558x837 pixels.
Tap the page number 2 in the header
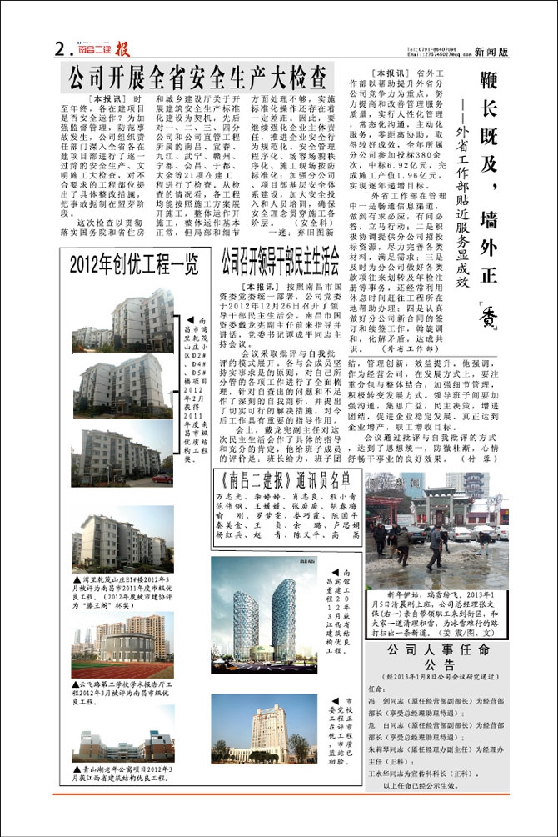click(x=59, y=49)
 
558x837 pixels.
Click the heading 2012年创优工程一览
click(x=133, y=267)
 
